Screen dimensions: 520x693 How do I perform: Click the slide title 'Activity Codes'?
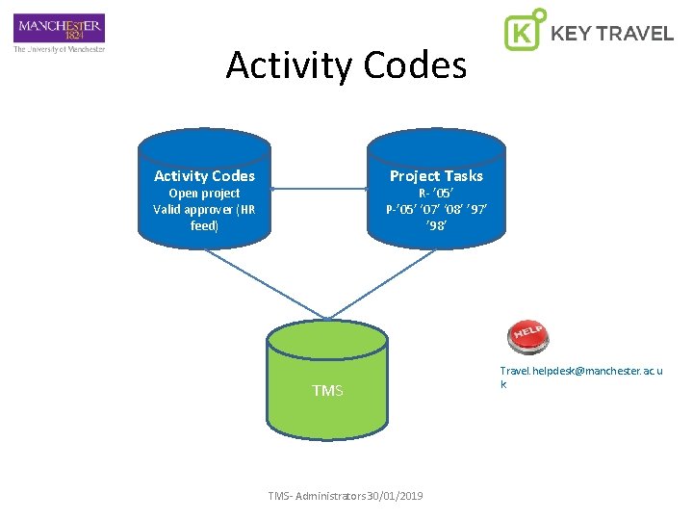346,65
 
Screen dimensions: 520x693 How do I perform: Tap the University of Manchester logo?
59,28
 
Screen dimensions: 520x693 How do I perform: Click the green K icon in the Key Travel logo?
524,31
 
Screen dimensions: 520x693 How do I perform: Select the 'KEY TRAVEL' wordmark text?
611,34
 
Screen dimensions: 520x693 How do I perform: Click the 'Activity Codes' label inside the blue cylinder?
204,175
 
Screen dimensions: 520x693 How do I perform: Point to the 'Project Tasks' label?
436,175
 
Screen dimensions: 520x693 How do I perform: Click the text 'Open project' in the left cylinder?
204,194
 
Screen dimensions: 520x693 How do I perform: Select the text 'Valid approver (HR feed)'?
204,218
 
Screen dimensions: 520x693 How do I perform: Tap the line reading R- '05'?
436,194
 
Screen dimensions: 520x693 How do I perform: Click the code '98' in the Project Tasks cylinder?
436,225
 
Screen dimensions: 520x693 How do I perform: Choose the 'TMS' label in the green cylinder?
327,390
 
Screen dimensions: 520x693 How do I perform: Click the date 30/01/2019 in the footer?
398,496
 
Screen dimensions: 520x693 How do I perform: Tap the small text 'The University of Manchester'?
59,48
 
